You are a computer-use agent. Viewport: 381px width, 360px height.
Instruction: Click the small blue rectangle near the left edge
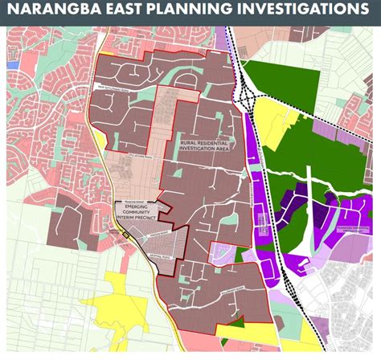pyautogui.click(x=10, y=63)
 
